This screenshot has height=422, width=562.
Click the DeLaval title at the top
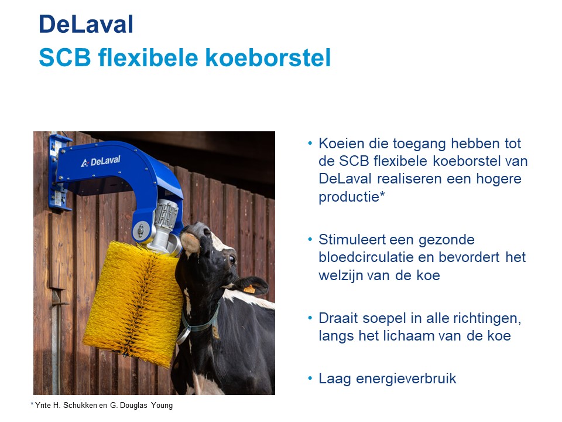pyautogui.click(x=86, y=25)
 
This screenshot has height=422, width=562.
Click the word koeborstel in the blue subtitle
pyautogui.click(x=268, y=57)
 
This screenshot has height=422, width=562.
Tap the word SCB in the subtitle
pyautogui.click(x=65, y=57)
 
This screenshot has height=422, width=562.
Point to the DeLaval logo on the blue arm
pyautogui.click(x=101, y=161)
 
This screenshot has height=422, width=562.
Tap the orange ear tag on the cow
pyautogui.click(x=249, y=289)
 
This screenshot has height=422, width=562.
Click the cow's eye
pyautogui.click(x=232, y=259)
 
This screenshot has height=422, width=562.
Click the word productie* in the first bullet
pyautogui.click(x=352, y=197)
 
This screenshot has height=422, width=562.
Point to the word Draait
pyautogui.click(x=338, y=318)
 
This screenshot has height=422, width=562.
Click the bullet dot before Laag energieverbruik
pyautogui.click(x=310, y=378)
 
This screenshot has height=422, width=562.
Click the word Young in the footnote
pyautogui.click(x=162, y=406)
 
